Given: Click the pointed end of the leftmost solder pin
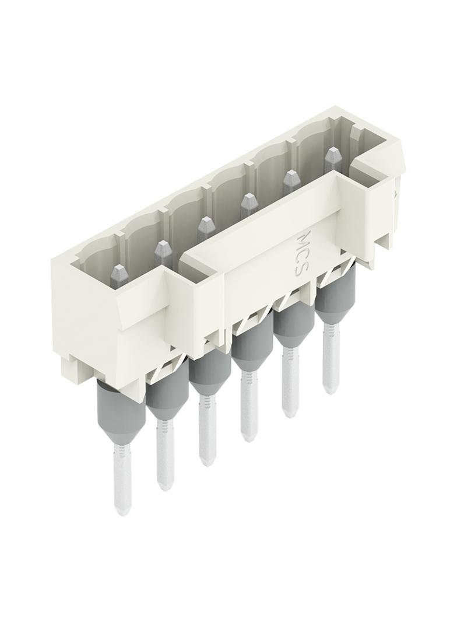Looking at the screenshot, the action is [x=122, y=514].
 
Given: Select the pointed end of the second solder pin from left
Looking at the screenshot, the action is [x=165, y=488].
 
